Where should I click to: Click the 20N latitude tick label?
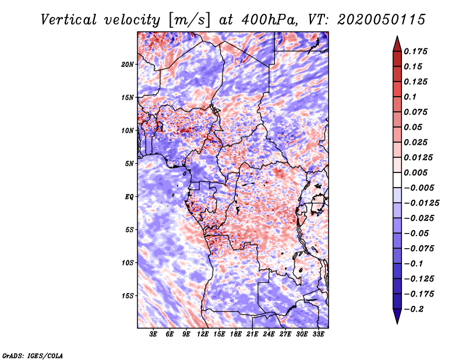click(128, 64)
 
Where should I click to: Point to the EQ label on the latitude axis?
click(129, 196)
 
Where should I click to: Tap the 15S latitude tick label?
click(128, 295)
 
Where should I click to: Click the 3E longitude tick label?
click(154, 334)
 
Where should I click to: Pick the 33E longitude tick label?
click(318, 334)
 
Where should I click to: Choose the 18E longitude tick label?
click(236, 334)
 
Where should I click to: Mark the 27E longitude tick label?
click(285, 334)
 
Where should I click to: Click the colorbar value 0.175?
click(417, 51)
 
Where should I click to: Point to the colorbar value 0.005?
click(417, 172)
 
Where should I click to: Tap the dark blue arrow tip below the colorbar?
click(397, 319)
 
